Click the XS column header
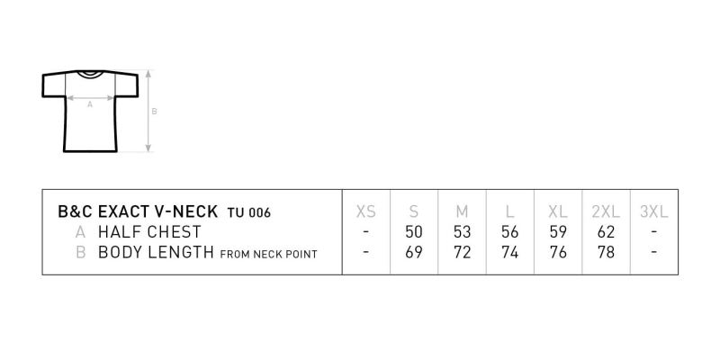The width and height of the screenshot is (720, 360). point(366,211)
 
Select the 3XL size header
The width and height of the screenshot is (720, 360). point(654,211)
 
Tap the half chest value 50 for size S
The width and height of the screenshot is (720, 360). point(414,232)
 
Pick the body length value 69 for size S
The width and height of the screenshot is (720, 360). point(414,252)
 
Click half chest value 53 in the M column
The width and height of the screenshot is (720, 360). point(462,232)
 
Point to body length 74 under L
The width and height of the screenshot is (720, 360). point(509,252)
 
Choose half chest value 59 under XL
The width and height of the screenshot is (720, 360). point(558,232)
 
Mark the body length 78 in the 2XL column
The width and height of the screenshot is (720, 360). point(606,252)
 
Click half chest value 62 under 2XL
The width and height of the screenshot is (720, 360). point(606,232)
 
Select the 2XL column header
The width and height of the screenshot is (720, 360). point(606,211)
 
